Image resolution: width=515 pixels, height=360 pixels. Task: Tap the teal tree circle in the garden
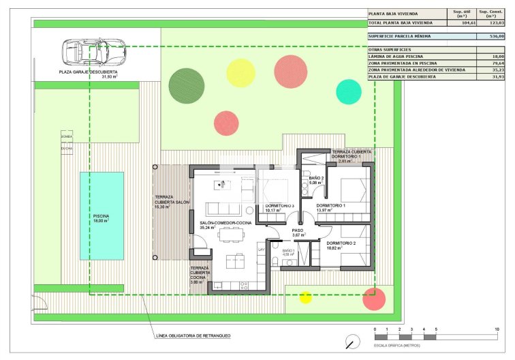(x=348, y=91)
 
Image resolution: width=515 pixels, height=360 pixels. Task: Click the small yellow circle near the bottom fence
(x=306, y=297)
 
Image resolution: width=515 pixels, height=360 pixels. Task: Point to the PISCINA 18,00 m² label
(x=102, y=218)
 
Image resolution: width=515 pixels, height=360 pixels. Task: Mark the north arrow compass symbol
(x=352, y=340)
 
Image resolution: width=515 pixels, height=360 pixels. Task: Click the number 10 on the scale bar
(x=496, y=330)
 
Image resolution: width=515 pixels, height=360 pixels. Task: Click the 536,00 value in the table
(x=495, y=36)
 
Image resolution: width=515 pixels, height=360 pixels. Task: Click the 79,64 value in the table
(x=495, y=63)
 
